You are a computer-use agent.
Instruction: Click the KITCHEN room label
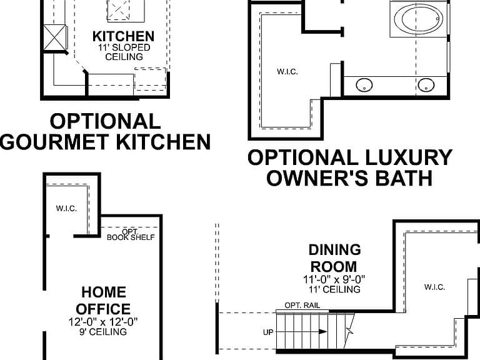(x=123, y=36)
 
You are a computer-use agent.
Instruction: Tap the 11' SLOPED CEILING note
(x=124, y=52)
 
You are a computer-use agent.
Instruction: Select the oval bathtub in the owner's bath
(x=419, y=20)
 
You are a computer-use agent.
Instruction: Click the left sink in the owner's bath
(x=364, y=84)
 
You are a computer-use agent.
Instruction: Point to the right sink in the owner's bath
(x=426, y=85)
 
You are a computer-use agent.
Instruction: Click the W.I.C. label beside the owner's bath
(x=287, y=72)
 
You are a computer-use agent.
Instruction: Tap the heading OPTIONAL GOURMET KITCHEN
(x=105, y=131)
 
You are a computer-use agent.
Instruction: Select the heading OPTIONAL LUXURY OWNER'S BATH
(x=350, y=167)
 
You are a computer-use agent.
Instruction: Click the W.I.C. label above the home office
(x=66, y=209)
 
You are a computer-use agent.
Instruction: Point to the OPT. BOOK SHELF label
(x=131, y=235)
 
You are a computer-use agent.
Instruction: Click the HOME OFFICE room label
(x=104, y=301)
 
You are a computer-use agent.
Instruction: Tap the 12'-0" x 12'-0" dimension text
(x=103, y=322)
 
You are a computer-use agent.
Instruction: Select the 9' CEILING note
(x=103, y=332)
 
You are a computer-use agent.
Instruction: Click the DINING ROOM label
(x=334, y=258)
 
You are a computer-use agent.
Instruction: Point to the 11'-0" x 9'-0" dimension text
(x=334, y=279)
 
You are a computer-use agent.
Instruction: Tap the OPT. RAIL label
(x=302, y=305)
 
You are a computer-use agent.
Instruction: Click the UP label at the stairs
(x=268, y=332)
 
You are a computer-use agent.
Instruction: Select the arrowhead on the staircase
(x=322, y=331)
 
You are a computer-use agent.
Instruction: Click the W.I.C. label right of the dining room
(x=435, y=287)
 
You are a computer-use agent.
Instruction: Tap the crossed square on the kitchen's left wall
(x=54, y=37)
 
